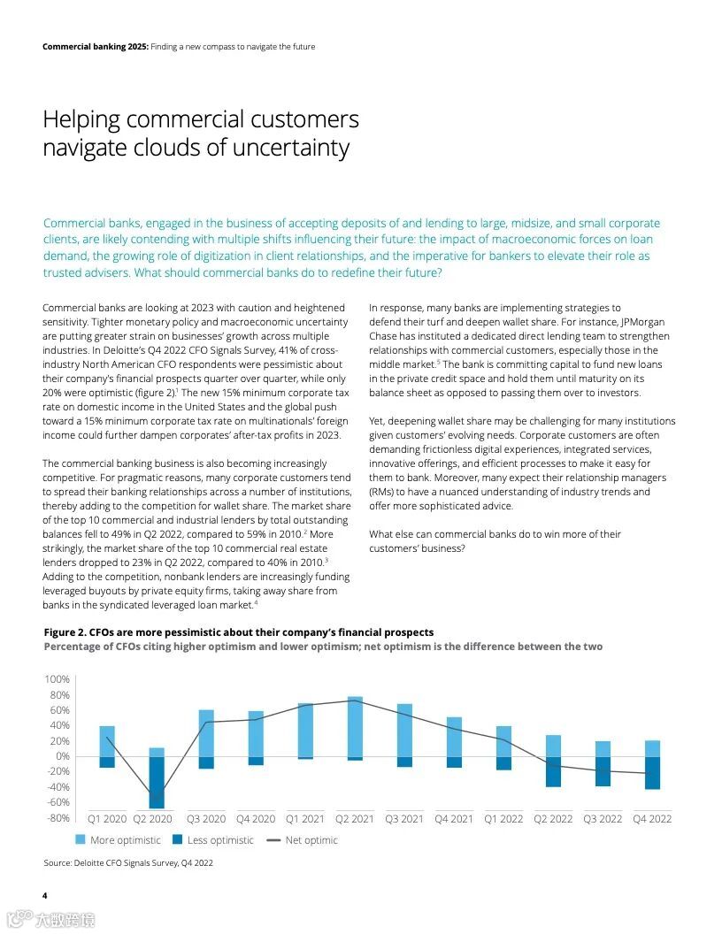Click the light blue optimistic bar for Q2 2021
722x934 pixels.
[355, 726]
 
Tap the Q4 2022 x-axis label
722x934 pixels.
[652, 819]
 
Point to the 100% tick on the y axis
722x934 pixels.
[57, 679]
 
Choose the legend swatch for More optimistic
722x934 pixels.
[81, 840]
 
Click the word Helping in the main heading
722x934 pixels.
[87, 120]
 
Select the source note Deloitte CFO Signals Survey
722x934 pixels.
[127, 863]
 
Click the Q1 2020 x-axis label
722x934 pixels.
[106, 819]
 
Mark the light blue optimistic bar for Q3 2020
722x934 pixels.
[206, 732]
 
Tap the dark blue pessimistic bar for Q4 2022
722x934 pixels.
[652, 772]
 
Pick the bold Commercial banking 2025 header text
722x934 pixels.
[95, 47]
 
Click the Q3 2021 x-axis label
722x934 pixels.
[404, 819]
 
